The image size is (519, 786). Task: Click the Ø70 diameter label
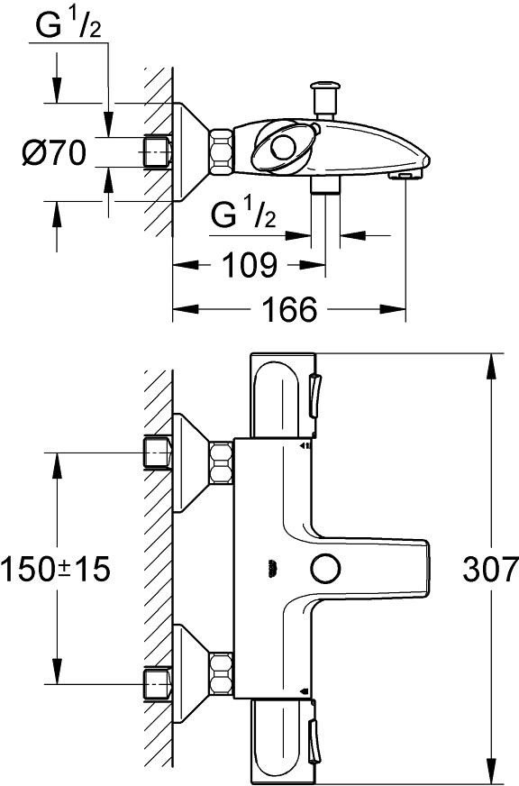tap(54, 153)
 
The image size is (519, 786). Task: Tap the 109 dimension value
tap(249, 265)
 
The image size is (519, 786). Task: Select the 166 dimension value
tap(289, 309)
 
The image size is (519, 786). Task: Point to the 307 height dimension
tap(489, 570)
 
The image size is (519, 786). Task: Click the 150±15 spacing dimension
tap(55, 570)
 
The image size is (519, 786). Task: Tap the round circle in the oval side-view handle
tap(284, 148)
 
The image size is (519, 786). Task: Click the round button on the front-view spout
tap(325, 569)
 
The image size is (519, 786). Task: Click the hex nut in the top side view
tap(221, 152)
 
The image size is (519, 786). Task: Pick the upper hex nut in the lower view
tap(221, 462)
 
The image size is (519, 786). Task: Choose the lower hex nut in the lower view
tap(221, 673)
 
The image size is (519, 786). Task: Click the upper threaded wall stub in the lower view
tap(158, 452)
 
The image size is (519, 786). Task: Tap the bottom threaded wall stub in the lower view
tap(158, 683)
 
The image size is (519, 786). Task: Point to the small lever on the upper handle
tap(314, 396)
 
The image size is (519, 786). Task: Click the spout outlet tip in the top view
tap(405, 175)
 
